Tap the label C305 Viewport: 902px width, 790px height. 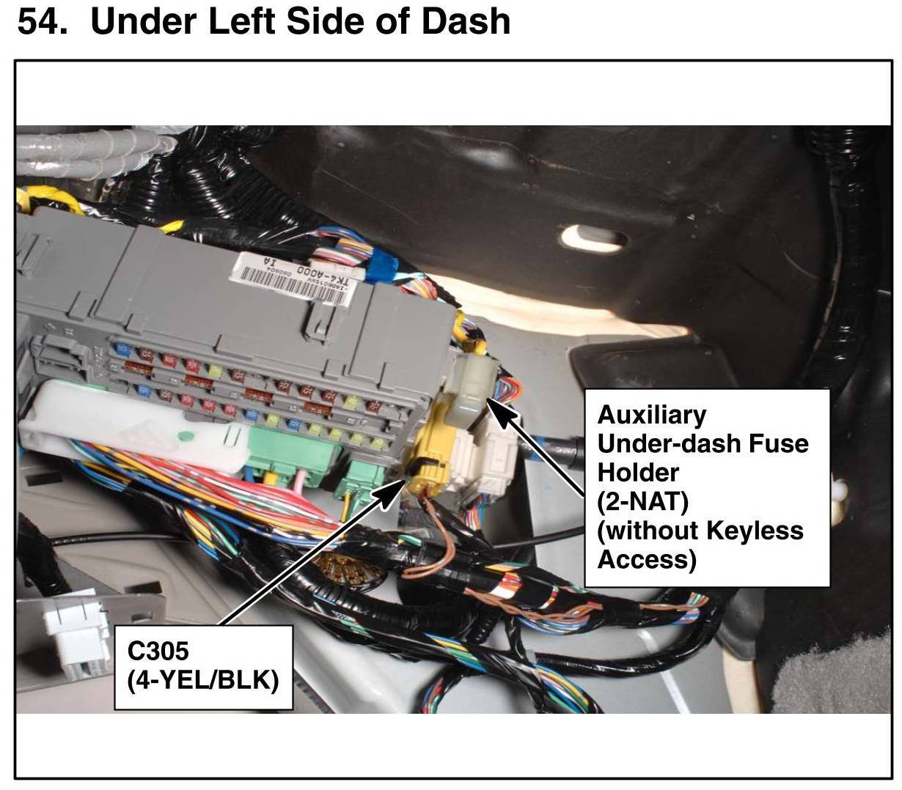(x=158, y=651)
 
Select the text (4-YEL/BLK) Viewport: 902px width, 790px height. (x=203, y=680)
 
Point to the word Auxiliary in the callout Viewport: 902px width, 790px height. (x=652, y=415)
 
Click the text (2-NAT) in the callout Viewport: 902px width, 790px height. (x=642, y=502)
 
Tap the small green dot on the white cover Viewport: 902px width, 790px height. (x=186, y=437)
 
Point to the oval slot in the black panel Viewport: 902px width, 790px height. (x=593, y=238)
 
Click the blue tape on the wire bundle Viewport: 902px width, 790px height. (x=381, y=269)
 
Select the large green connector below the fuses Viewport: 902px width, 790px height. (x=293, y=455)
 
